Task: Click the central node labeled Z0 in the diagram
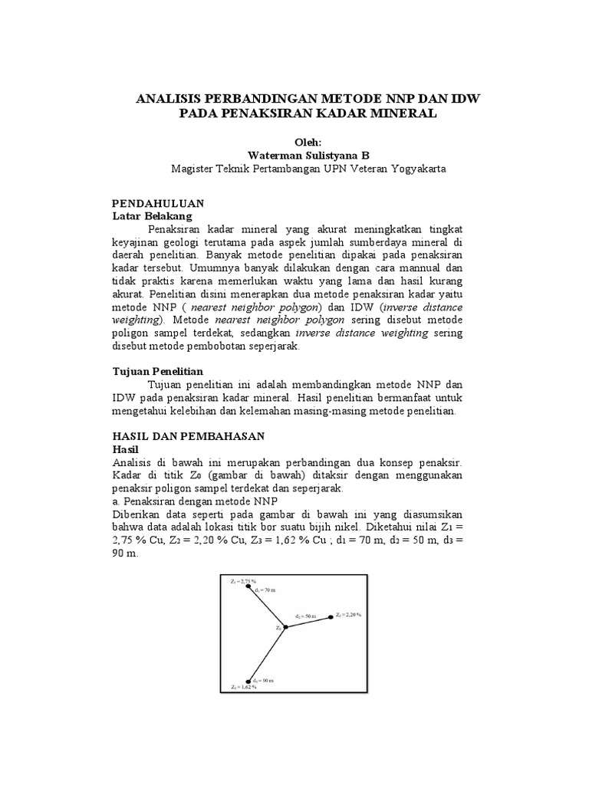point(285,627)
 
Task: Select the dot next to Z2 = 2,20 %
point(331,616)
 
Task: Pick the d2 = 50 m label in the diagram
point(307,615)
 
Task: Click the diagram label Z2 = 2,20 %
point(348,614)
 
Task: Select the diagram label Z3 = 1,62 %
point(244,688)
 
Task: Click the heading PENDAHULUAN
point(157,204)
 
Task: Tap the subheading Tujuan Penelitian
point(157,370)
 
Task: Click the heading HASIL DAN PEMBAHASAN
point(188,435)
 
